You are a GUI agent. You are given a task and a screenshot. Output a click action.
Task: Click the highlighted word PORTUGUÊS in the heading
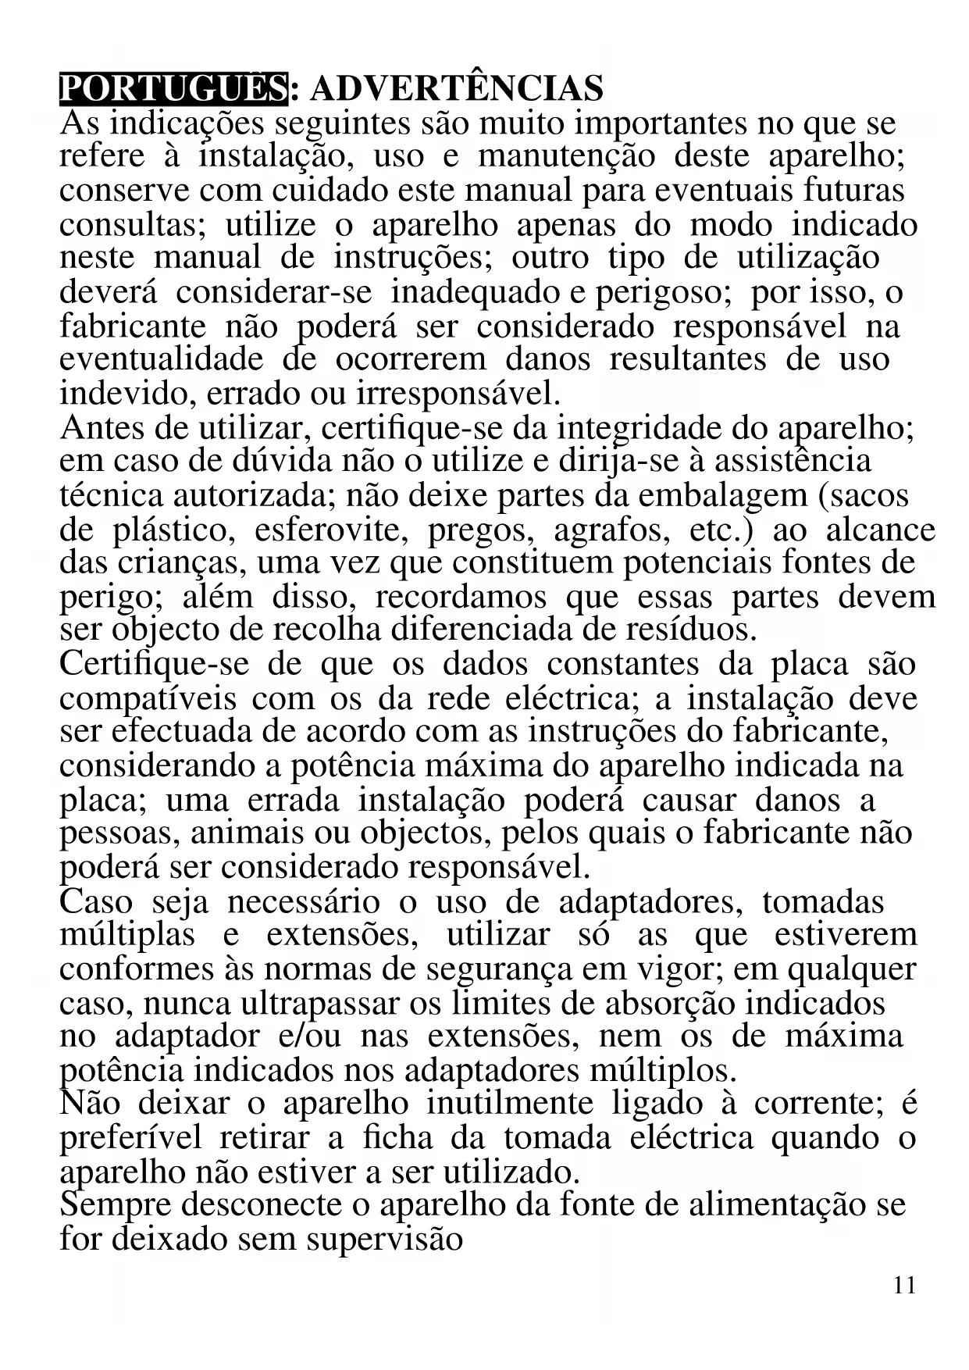coord(173,88)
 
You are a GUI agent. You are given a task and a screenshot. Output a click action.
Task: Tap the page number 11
coord(904,1285)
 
